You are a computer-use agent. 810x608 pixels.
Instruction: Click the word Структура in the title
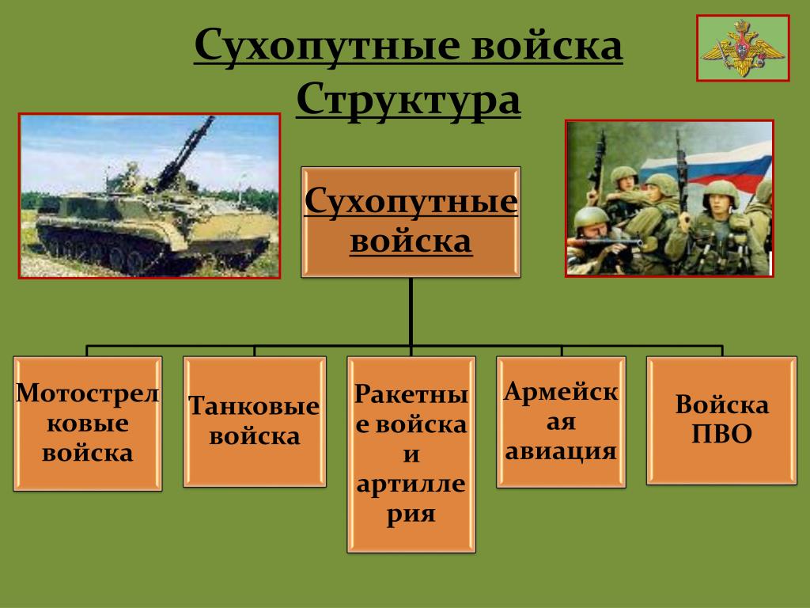[408, 101]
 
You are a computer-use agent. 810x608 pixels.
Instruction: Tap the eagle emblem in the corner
[743, 48]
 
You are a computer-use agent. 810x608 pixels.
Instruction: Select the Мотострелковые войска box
[88, 424]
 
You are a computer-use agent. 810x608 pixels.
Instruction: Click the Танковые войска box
[255, 421]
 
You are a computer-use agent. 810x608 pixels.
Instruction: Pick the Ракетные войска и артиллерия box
[411, 454]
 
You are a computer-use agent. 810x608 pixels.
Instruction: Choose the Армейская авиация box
[561, 422]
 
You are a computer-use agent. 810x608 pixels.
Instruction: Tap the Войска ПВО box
[721, 420]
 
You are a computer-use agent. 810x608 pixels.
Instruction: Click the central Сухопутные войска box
[411, 222]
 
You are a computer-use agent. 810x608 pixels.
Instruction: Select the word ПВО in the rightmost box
[721, 435]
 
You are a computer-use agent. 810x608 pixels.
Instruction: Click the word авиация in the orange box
[561, 451]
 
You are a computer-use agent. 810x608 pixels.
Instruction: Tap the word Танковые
[254, 406]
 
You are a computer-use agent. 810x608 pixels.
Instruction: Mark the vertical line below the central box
[411, 312]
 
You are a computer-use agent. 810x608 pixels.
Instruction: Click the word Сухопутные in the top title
[327, 45]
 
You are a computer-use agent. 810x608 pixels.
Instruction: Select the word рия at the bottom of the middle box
[411, 515]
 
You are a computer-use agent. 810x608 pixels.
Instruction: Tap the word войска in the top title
[547, 45]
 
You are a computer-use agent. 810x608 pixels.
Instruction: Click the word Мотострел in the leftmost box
[87, 393]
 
